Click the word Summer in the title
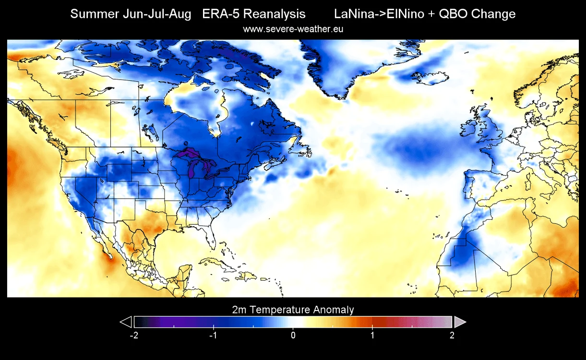[x=95, y=14]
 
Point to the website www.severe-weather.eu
[x=293, y=29]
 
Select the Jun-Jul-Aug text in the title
[x=157, y=14]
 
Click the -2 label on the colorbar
[x=134, y=335]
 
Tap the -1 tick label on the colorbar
[x=213, y=335]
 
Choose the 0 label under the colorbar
[x=293, y=335]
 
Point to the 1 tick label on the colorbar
[x=372, y=335]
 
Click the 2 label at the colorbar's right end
[x=452, y=335]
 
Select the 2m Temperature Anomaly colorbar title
[x=293, y=310]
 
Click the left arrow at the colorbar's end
[x=126, y=322]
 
